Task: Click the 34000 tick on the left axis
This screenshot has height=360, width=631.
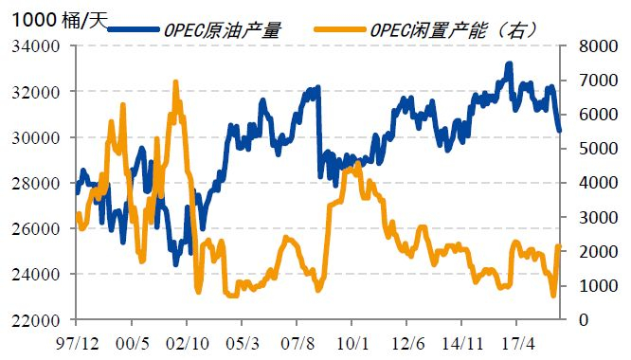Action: tap(38, 46)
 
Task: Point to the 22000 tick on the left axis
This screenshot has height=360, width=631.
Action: tap(38, 320)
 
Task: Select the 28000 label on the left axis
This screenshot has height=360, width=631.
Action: tap(38, 183)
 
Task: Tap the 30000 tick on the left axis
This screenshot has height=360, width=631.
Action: tap(38, 137)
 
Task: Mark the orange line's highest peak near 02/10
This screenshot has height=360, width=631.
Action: tap(175, 83)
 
